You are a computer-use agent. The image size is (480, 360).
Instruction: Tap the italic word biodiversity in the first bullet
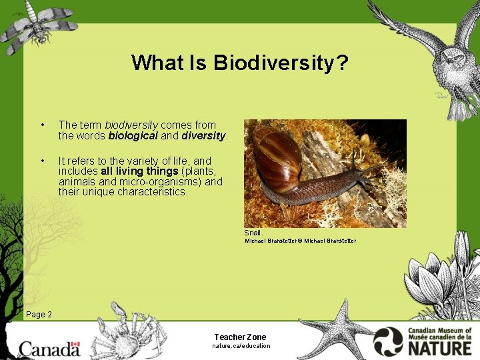click(x=131, y=125)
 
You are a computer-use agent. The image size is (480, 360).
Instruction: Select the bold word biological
click(x=133, y=135)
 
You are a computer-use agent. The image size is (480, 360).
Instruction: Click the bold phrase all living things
click(x=139, y=171)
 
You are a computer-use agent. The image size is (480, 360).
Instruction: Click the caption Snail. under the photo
click(x=253, y=233)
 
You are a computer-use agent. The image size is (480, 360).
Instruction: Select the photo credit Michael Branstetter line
click(x=300, y=241)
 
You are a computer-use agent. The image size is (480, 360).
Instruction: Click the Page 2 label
click(x=39, y=314)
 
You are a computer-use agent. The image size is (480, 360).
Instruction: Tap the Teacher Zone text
click(x=240, y=337)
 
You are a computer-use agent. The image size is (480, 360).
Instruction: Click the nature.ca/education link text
click(x=241, y=346)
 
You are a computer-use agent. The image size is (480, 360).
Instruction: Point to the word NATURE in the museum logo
click(x=439, y=347)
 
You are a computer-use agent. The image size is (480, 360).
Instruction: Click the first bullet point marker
click(x=43, y=125)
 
